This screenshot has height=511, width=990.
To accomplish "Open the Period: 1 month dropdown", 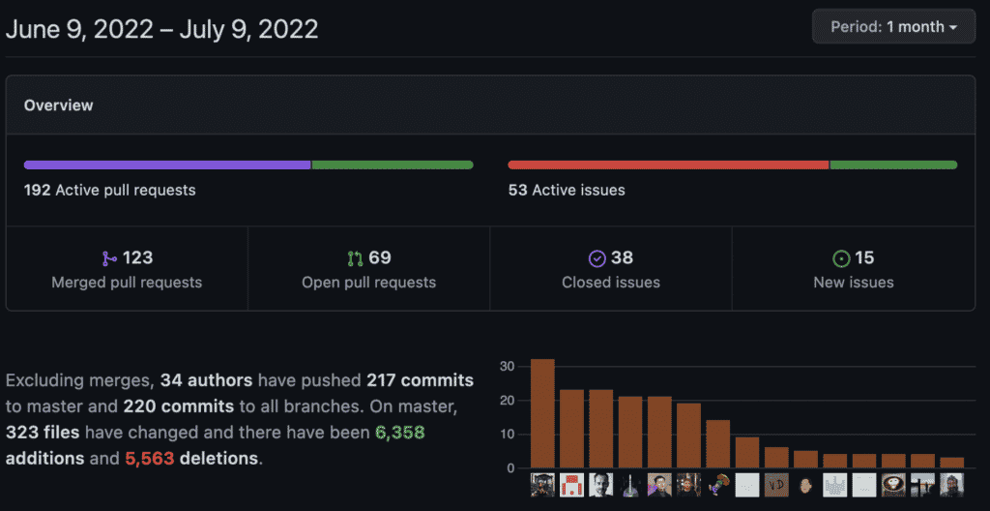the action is pos(893,26).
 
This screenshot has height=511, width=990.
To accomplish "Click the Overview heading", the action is pos(58,105).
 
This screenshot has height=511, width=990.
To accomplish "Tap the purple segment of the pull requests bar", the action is pos(167,165).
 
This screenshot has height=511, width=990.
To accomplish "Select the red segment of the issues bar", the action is pos(668,165).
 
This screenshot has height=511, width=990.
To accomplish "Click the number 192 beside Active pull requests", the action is pos(38,190).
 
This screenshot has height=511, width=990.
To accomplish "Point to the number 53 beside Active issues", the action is pos(518,190).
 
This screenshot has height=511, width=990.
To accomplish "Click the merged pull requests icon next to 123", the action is pos(109,258).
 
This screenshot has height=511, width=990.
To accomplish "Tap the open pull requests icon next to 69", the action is pos(356,258).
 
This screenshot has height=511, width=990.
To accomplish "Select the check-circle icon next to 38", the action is pos(597,258).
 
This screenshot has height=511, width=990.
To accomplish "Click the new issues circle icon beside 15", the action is pos(841,258).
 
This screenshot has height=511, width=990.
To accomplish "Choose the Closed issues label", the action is pos(611,282).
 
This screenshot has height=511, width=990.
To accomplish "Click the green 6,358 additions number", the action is pos(399,434).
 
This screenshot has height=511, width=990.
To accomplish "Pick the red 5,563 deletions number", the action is pos(150,458).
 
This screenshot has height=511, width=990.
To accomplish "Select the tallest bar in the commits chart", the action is pos(542,413).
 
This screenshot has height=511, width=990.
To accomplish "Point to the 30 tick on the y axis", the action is pos(508,367).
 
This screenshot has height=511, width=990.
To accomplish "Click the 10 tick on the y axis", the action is pos(508,435).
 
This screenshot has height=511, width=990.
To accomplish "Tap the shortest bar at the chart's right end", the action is pos(951,463).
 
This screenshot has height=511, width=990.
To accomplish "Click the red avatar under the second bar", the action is pos(571,485).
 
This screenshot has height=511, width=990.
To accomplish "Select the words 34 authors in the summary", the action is pos(207,380).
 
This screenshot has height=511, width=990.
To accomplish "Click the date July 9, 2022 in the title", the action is pos(248,29).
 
